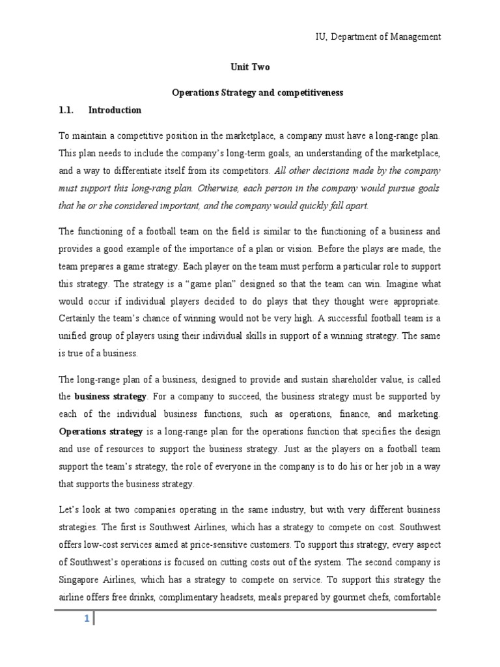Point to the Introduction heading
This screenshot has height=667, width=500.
[x=115, y=110]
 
